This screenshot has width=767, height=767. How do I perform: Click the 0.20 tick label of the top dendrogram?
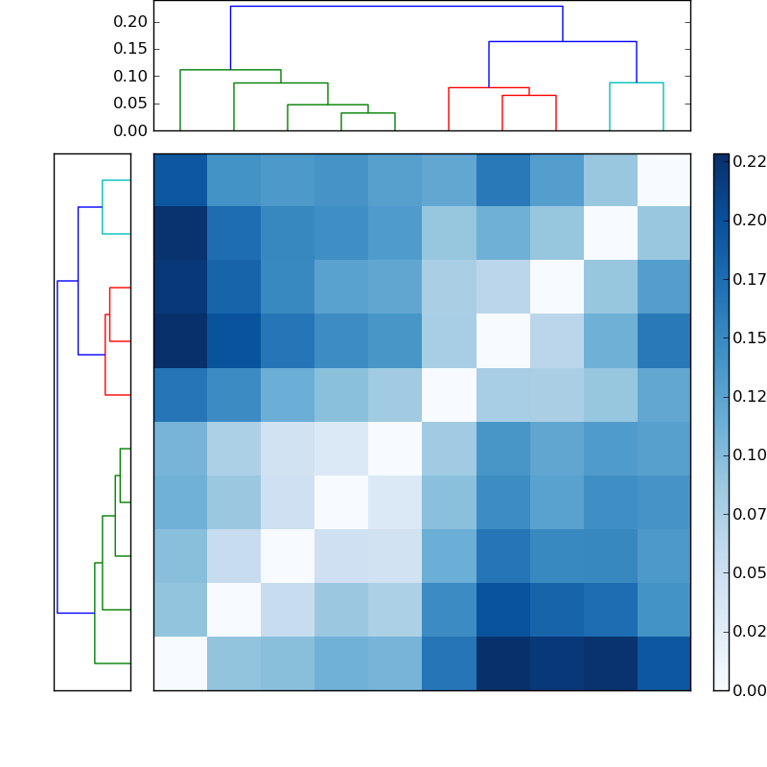pyautogui.click(x=131, y=21)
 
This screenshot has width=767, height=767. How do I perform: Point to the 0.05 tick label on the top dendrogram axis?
pyautogui.click(x=131, y=103)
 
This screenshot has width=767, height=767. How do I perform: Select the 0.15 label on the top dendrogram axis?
pyautogui.click(x=131, y=48)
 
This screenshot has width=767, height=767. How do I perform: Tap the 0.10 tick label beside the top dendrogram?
pyautogui.click(x=131, y=76)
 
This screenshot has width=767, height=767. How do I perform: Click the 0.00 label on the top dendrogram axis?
pyautogui.click(x=131, y=129)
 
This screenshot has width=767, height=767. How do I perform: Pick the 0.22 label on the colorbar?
pyautogui.click(x=749, y=161)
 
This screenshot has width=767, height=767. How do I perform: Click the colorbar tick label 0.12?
pyautogui.click(x=749, y=396)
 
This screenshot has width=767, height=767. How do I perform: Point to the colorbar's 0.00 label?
pyautogui.click(x=749, y=689)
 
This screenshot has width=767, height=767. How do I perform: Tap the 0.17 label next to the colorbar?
pyautogui.click(x=749, y=279)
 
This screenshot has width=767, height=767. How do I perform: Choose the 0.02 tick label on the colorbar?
pyautogui.click(x=749, y=631)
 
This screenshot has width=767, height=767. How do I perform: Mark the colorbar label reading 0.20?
pyautogui.click(x=749, y=220)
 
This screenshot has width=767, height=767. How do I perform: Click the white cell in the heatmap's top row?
pyautogui.click(x=663, y=180)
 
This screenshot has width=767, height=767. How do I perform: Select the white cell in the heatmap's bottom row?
pyautogui.click(x=180, y=663)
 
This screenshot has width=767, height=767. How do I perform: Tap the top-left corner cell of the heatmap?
pyautogui.click(x=180, y=180)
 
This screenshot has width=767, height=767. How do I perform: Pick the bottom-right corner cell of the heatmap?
pyautogui.click(x=663, y=663)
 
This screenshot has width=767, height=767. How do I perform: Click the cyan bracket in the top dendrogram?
pyautogui.click(x=636, y=83)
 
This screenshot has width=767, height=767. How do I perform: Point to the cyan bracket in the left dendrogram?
pyautogui.click(x=104, y=206)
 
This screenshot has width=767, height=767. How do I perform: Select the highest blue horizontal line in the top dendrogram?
pyautogui.click(x=396, y=7)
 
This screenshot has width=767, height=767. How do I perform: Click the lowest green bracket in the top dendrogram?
pyautogui.click(x=368, y=113)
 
